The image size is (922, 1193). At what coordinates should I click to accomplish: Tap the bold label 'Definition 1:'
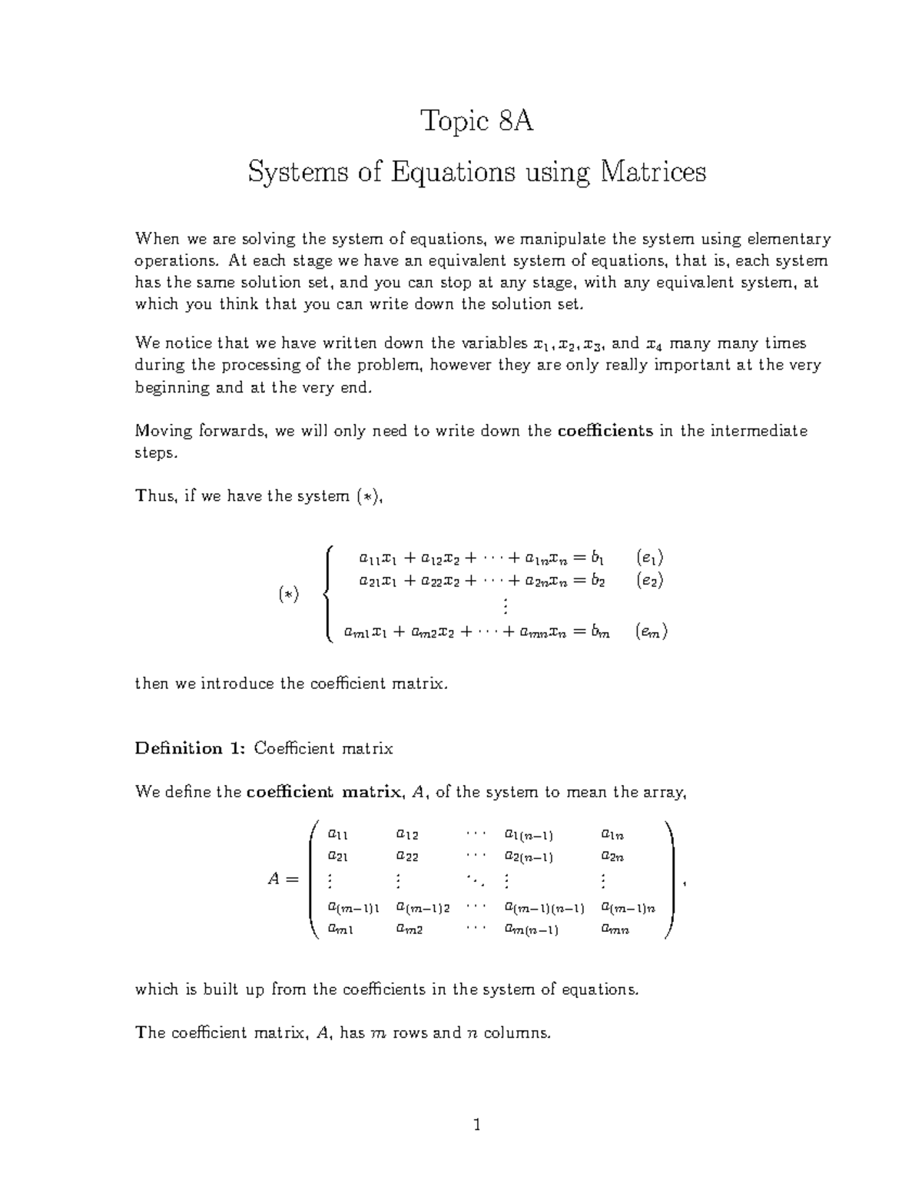(190, 748)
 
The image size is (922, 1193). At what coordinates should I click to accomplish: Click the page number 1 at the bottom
(476, 1126)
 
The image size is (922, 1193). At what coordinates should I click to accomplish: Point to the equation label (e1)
(650, 558)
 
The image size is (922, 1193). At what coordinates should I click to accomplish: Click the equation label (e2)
(650, 581)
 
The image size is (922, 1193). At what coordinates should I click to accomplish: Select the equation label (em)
(652, 632)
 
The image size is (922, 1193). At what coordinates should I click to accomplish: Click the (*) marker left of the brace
(289, 595)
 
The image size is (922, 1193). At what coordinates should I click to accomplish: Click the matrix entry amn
(615, 930)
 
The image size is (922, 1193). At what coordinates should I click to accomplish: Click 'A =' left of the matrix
(282, 880)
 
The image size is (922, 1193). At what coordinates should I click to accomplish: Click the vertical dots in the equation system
(505, 607)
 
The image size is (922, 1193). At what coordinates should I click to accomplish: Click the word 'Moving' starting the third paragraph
(161, 431)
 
